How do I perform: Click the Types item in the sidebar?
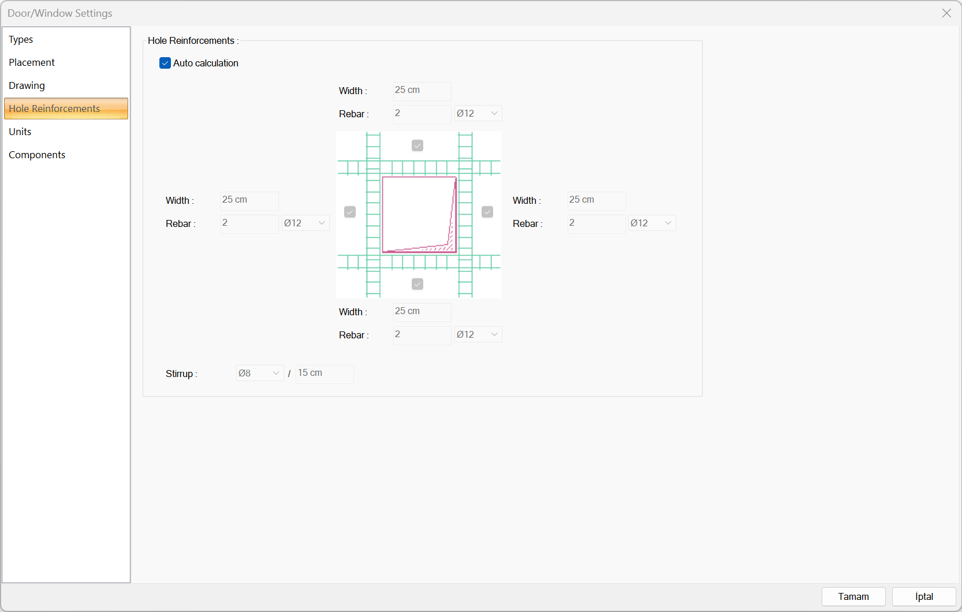21,39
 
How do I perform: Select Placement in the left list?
32,62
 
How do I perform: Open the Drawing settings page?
27,85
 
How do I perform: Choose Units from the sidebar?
20,132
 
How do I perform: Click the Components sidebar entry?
37,155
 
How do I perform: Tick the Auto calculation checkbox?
165,63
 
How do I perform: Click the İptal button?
924,596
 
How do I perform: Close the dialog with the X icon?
946,13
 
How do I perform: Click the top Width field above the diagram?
422,91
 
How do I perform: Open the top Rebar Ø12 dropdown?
478,113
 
